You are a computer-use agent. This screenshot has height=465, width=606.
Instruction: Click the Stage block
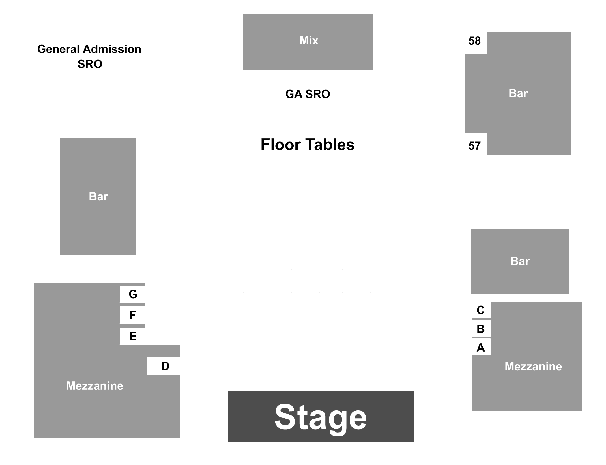[321, 417]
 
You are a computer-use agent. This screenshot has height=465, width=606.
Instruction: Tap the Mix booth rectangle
[308, 42]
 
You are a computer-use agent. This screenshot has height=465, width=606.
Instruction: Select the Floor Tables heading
[307, 145]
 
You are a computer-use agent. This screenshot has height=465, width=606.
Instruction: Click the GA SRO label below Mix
[308, 94]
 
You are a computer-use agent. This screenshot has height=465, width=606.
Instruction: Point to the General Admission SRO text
[89, 57]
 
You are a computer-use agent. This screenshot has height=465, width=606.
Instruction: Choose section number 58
[475, 41]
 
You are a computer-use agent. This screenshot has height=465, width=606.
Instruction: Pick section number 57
[475, 146]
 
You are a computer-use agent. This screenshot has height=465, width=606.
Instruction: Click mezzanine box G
[132, 294]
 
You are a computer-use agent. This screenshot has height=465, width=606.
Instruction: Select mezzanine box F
[132, 315]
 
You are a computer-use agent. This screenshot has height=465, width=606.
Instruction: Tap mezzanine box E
[132, 336]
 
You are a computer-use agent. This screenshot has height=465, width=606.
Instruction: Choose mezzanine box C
[481, 310]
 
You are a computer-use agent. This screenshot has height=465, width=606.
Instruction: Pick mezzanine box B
[481, 329]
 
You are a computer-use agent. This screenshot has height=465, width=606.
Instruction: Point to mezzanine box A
[481, 347]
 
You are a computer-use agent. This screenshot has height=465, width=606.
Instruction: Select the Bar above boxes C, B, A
[520, 261]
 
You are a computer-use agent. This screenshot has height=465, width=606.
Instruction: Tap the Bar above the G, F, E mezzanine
[98, 196]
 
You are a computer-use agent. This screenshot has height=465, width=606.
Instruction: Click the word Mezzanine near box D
[95, 386]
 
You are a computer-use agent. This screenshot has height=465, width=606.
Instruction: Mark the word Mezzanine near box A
[533, 367]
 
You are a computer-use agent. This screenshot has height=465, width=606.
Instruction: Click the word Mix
[309, 40]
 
